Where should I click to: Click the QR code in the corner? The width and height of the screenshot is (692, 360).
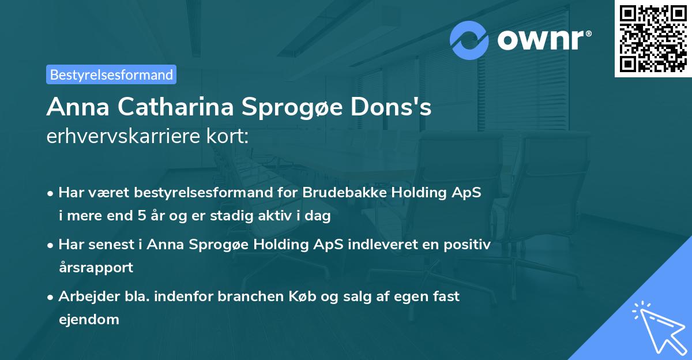pyautogui.click(x=652, y=39)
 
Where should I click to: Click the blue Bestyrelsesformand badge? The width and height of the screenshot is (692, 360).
pyautogui.click(x=111, y=74)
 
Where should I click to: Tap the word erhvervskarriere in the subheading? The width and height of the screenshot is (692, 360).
pyautogui.click(x=123, y=137)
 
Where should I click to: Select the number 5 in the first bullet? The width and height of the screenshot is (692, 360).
pyautogui.click(x=142, y=217)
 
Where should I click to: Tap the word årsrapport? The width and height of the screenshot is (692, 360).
pyautogui.click(x=96, y=268)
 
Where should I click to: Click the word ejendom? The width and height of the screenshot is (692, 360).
pyautogui.click(x=89, y=320)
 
